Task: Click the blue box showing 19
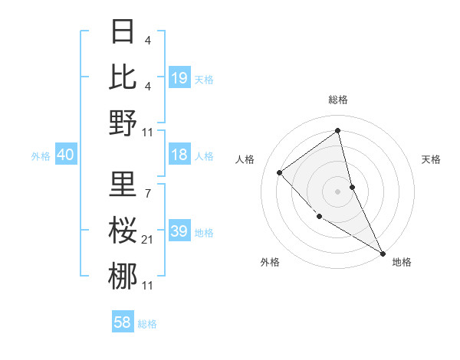(179, 77)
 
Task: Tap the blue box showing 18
(179, 155)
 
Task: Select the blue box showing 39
(179, 231)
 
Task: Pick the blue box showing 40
(65, 155)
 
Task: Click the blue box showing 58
(123, 322)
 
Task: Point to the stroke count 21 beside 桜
(147, 241)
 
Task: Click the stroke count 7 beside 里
(147, 193)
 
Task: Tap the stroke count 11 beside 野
(147, 133)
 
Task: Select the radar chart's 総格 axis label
(338, 100)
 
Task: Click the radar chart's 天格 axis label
(432, 159)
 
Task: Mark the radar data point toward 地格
(383, 253)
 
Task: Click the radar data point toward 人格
(280, 172)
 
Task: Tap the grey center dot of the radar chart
(337, 191)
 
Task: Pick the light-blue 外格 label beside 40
(41, 155)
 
